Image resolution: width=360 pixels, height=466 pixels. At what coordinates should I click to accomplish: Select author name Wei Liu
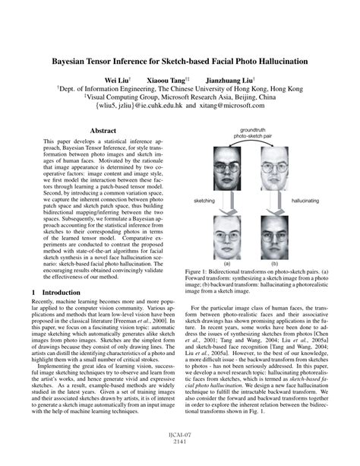coord(116,78)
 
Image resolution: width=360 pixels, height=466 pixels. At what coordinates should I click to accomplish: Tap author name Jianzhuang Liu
coord(229,78)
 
